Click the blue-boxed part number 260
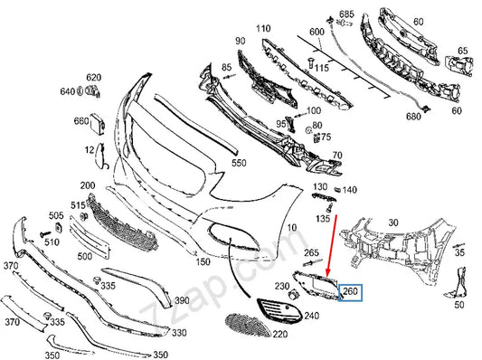(x=350, y=291)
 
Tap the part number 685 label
(x=346, y=14)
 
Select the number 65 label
(x=462, y=51)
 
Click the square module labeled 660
(x=97, y=124)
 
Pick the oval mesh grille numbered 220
(x=248, y=325)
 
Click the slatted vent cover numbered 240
(x=279, y=310)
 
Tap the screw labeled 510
(x=45, y=234)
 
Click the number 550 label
(x=239, y=163)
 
